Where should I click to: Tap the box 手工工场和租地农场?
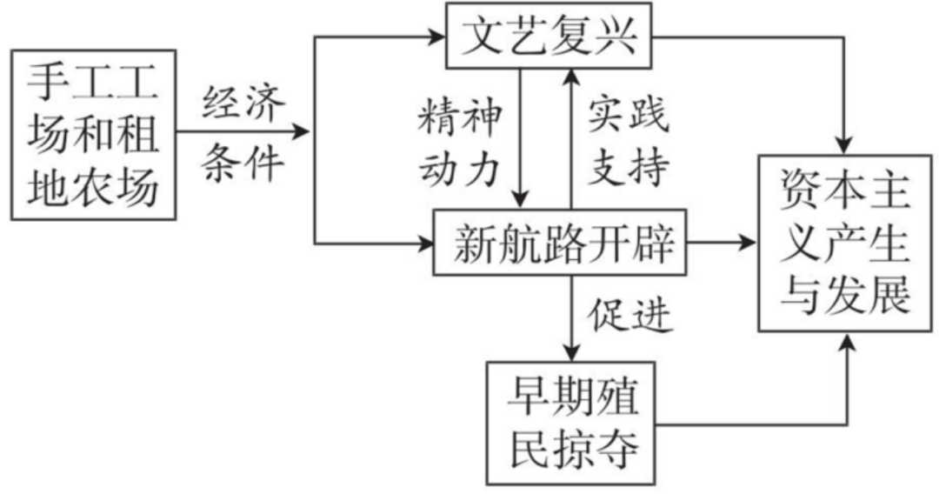tap(94, 134)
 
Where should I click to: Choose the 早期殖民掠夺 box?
tap(574, 420)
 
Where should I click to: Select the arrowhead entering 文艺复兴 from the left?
tap(436, 37)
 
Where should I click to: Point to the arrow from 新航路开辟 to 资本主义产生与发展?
tap(723, 242)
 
